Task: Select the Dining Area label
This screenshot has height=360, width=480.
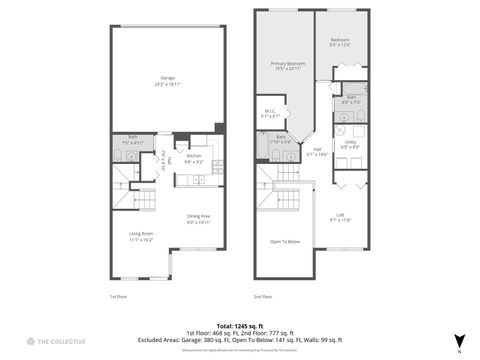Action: [x=198, y=219]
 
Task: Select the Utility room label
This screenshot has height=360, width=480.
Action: [x=352, y=145]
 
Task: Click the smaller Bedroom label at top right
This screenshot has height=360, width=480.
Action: [x=341, y=42]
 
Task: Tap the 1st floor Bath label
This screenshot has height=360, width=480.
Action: [x=132, y=140]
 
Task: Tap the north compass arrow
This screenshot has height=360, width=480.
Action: [x=459, y=341]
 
